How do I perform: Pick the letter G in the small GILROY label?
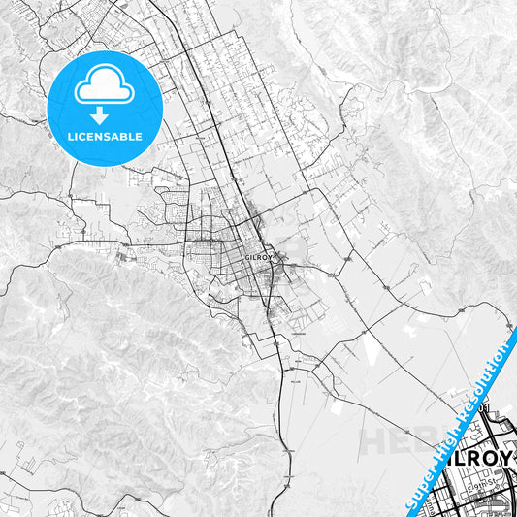tap(249, 257)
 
